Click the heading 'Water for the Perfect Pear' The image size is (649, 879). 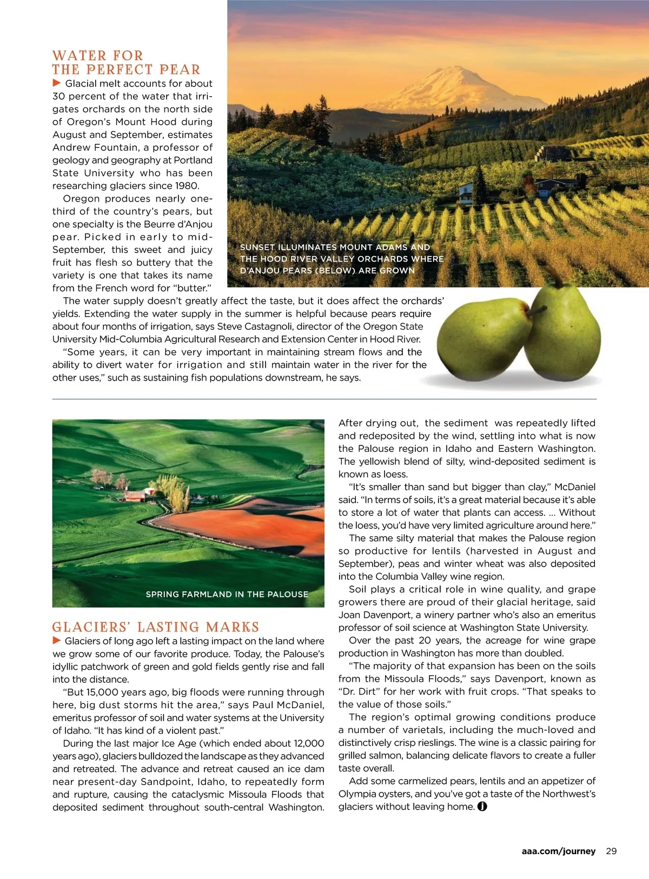click(x=126, y=63)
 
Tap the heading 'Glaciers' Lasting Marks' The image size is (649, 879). click(x=156, y=627)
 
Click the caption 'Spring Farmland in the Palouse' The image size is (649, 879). click(x=227, y=594)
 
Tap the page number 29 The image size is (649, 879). click(x=611, y=851)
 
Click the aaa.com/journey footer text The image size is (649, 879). click(x=559, y=851)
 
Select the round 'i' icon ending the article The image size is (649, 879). click(x=482, y=807)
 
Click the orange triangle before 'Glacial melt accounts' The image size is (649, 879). click(x=57, y=83)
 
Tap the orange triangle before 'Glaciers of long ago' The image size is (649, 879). click(x=57, y=641)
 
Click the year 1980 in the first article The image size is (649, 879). click(x=187, y=186)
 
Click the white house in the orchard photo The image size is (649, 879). click(x=466, y=190)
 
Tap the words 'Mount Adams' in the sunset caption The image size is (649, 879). click(x=370, y=247)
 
